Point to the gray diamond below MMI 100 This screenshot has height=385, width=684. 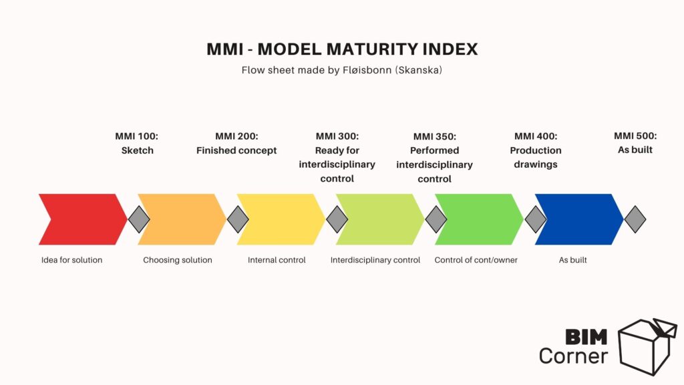[x=139, y=219]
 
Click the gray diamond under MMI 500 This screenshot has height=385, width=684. [x=635, y=219]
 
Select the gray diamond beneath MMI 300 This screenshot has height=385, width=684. [x=337, y=219]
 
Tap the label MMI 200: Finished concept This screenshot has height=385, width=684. [x=236, y=143]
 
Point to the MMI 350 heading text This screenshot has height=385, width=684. [x=435, y=136]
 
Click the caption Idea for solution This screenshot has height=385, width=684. [x=71, y=260]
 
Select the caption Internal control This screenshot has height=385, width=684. [x=277, y=260]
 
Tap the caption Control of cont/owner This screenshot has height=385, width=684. [x=476, y=260]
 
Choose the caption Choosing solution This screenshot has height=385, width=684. [x=178, y=260]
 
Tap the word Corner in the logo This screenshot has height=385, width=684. [x=574, y=356]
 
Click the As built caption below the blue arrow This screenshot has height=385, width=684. [x=573, y=260]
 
